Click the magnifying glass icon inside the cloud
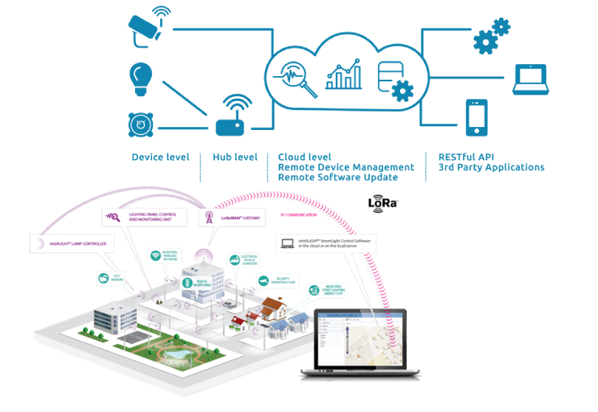(x=298, y=78)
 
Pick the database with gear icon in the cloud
(x=392, y=80)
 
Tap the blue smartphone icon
(x=476, y=118)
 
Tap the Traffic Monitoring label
(x=197, y=282)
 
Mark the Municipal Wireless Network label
(x=167, y=256)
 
